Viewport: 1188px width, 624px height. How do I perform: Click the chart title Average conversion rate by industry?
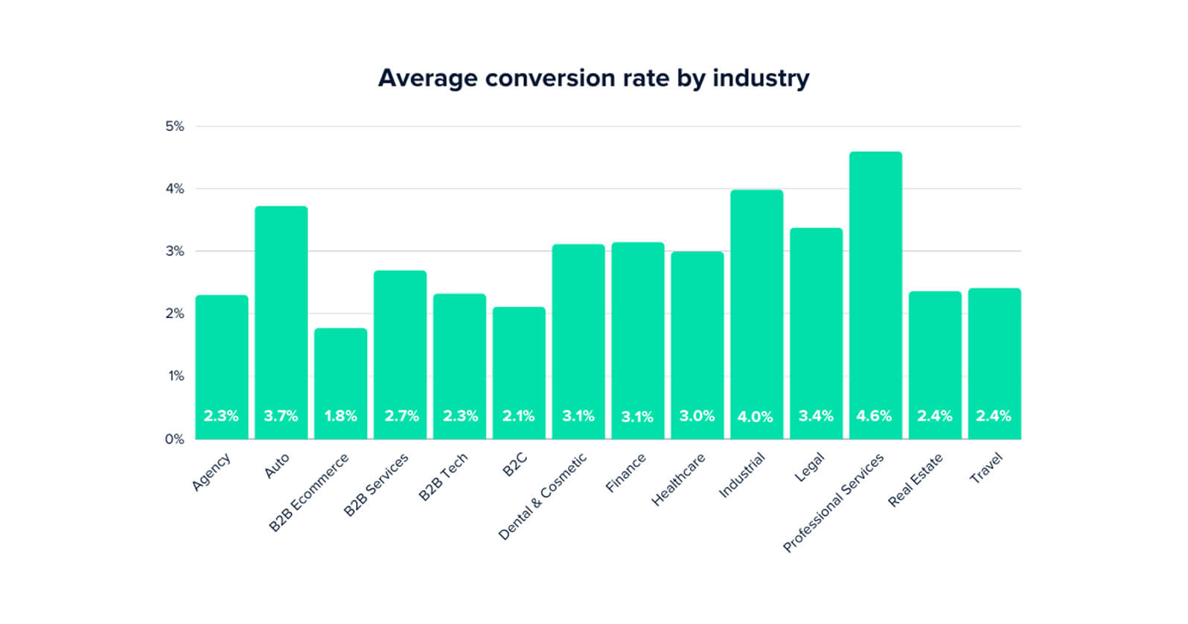pos(593,78)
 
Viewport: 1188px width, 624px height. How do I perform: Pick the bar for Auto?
pos(281,313)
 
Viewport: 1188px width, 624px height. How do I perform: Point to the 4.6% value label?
pos(874,416)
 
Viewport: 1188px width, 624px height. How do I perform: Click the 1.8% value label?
pos(340,416)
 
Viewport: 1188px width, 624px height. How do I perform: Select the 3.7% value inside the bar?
pos(281,416)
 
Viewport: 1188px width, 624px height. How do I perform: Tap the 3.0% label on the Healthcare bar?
pos(697,416)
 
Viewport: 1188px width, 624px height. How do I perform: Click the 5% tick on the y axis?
pos(175,127)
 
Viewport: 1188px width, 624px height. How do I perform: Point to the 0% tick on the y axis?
pos(175,439)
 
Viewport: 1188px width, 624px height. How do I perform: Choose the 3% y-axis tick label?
pos(175,252)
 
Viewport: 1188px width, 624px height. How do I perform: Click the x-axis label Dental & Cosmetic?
pos(543,496)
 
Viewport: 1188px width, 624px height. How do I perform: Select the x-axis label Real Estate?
pos(916,480)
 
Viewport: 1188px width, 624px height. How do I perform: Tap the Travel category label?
pos(986,468)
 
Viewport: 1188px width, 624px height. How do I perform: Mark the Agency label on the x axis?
pos(211,472)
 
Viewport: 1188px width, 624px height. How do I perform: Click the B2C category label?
pos(514,465)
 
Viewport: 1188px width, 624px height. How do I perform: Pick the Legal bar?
pos(816,328)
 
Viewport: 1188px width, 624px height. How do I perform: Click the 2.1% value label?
pos(518,416)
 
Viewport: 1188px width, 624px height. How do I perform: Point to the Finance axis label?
pos(626,474)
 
